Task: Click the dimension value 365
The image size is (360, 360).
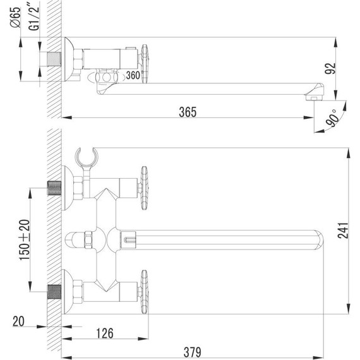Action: (x=188, y=112)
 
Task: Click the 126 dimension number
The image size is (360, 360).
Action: (x=105, y=333)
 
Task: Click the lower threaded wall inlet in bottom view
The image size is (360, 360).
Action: (x=54, y=292)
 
